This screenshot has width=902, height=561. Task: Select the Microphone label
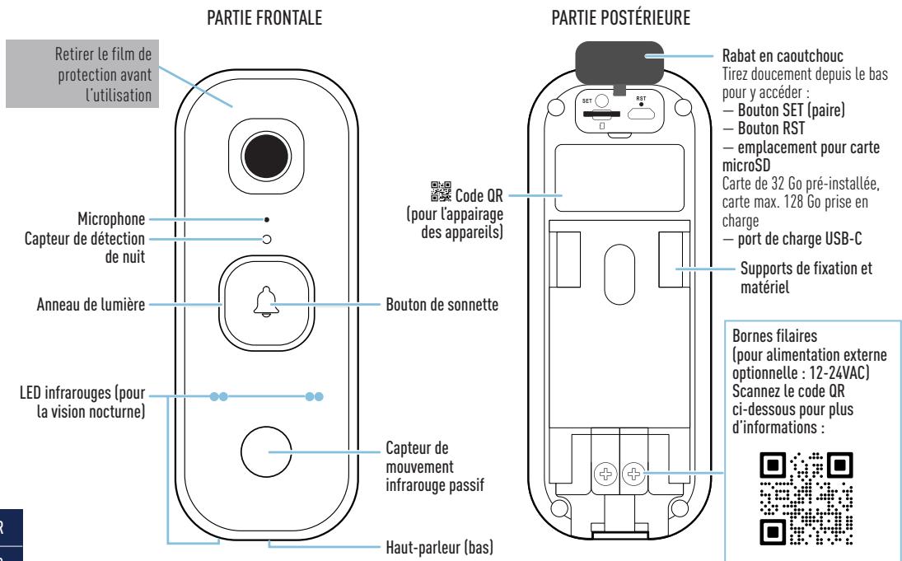pyautogui.click(x=110, y=220)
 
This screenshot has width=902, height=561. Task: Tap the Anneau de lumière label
pyautogui.click(x=91, y=304)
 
